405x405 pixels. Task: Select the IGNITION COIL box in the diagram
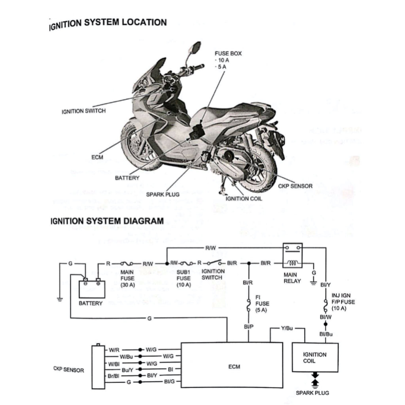point(315,358)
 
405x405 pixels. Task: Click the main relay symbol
point(293,256)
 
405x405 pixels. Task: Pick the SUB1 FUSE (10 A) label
point(184,278)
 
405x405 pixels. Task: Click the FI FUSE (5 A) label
point(262,304)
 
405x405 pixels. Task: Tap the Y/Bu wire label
point(287,328)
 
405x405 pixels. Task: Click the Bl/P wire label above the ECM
point(249,327)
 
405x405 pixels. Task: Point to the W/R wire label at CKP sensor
point(114,350)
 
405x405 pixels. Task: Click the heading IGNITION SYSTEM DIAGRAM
point(107,221)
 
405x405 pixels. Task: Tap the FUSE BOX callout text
point(228,53)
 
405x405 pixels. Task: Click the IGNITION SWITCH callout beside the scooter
point(83,111)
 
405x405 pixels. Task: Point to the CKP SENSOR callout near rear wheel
point(295,185)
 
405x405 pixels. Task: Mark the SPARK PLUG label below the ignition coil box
point(312,393)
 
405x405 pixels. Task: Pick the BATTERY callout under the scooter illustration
point(127,178)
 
